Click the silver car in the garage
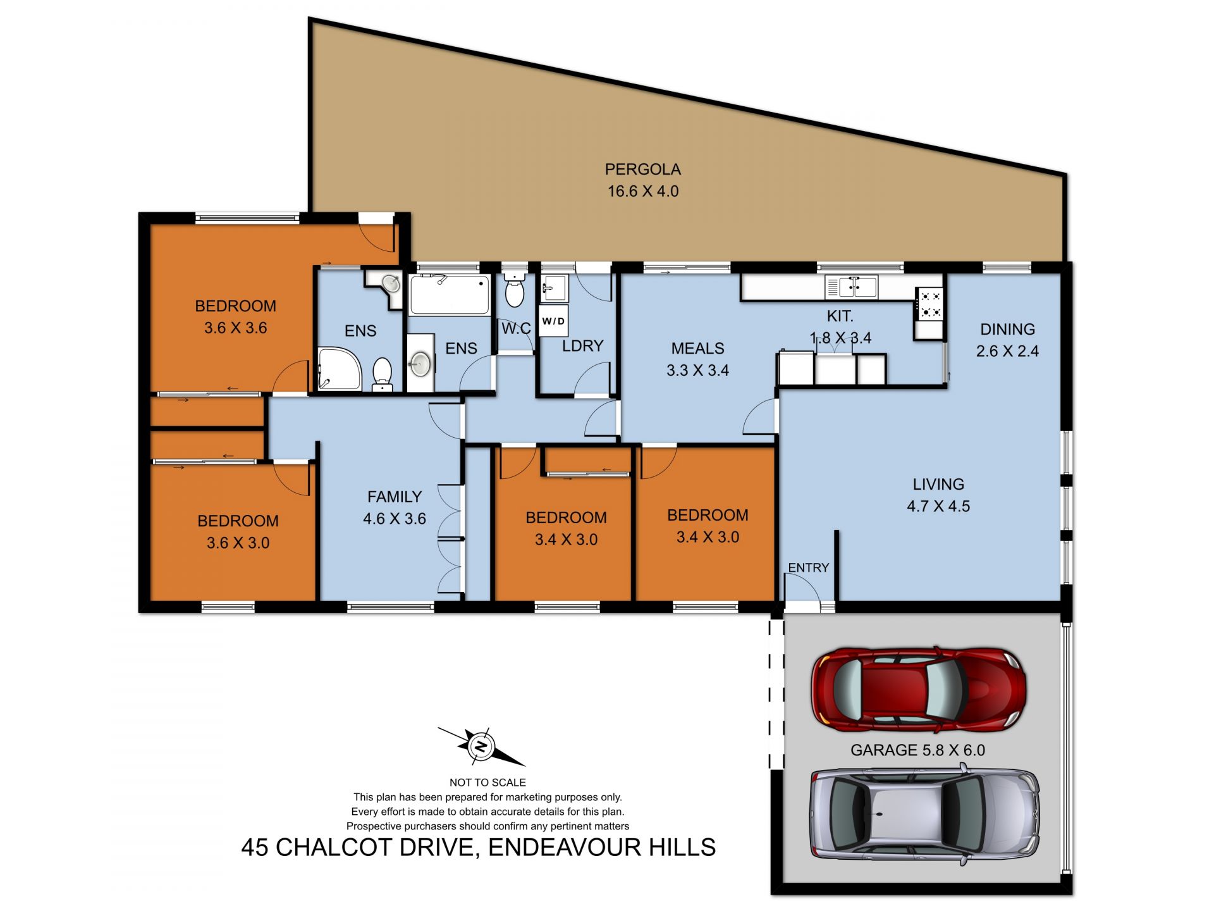click(924, 814)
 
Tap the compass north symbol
click(481, 747)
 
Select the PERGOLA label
click(642, 170)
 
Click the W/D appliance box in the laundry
click(553, 321)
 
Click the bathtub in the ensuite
click(449, 295)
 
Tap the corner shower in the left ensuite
click(338, 369)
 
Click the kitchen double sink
click(852, 287)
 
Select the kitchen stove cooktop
click(929, 304)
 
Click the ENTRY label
click(808, 567)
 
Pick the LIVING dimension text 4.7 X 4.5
click(938, 506)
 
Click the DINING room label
click(1007, 329)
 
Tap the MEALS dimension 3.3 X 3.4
click(697, 370)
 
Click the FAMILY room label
click(394, 497)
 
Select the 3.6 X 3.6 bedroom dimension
click(235, 328)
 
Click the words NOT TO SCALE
click(487, 783)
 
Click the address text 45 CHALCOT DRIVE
click(358, 847)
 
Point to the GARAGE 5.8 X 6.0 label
click(917, 750)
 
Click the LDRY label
click(582, 346)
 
